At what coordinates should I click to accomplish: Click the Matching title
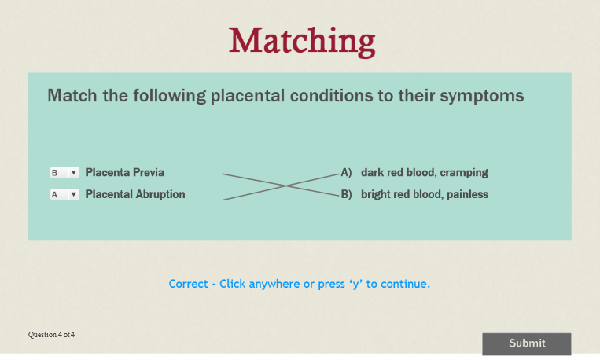click(302, 42)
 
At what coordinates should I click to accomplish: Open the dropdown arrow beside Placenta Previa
click(74, 173)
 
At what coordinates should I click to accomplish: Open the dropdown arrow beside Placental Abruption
click(74, 194)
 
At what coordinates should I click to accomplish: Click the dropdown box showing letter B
click(64, 173)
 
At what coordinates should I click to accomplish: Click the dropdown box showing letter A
click(64, 194)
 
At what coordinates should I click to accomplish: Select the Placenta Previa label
click(125, 173)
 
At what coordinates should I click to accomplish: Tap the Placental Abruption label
click(135, 194)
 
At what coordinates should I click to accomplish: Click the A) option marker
click(346, 173)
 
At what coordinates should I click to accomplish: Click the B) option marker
click(346, 194)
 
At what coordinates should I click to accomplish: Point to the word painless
click(467, 194)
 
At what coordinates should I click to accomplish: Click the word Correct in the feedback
click(188, 284)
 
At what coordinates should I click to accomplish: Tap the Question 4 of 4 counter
click(51, 335)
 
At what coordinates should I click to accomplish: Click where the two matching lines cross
click(285, 186)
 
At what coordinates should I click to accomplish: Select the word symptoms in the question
click(482, 96)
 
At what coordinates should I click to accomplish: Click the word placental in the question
click(248, 96)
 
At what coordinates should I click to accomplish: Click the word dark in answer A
click(372, 173)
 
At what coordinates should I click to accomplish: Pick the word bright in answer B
click(376, 195)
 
